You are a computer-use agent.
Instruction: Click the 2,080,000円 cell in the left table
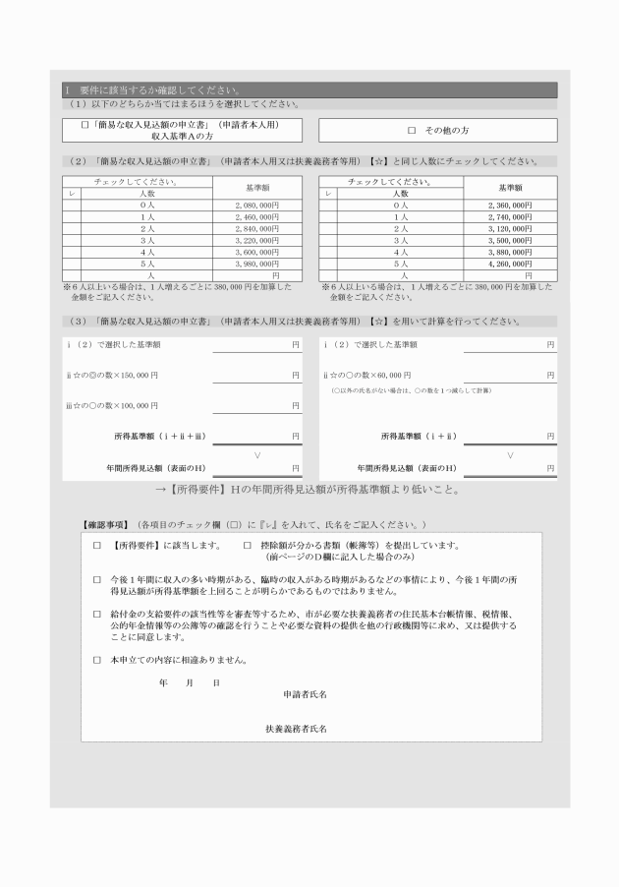click(x=258, y=205)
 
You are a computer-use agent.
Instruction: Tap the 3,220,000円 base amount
click(x=258, y=240)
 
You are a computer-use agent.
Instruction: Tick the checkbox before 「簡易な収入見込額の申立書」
click(x=85, y=125)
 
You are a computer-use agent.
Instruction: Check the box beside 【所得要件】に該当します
click(x=96, y=545)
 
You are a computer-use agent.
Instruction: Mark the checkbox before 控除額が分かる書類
click(x=247, y=545)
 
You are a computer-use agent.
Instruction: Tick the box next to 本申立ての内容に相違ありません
click(x=96, y=660)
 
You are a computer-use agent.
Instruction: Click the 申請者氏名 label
click(x=305, y=694)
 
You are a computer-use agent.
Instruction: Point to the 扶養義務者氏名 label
click(x=296, y=729)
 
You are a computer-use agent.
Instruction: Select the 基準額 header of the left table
click(x=258, y=187)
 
